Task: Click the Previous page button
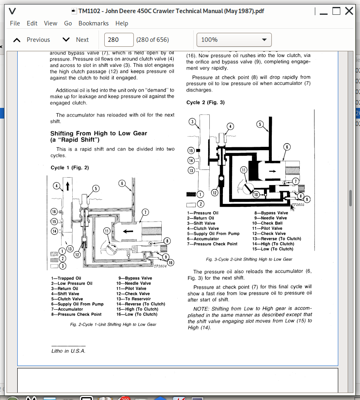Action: point(32,40)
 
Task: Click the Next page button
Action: point(76,40)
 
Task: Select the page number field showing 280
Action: point(119,40)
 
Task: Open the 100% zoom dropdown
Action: point(234,40)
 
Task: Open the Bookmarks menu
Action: point(93,23)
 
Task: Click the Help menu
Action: point(122,23)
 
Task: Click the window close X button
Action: point(349,11)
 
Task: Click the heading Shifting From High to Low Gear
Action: point(99,133)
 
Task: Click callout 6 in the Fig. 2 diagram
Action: point(122,183)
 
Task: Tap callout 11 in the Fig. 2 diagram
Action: point(107,231)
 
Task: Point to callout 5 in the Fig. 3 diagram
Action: point(259,124)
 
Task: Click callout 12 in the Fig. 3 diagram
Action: point(214,192)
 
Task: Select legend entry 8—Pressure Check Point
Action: point(76,314)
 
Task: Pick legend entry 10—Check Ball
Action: point(267,223)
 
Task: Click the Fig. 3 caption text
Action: point(249,259)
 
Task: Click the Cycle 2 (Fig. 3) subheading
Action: point(205,103)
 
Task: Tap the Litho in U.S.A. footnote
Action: point(68,351)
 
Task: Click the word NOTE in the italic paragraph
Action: point(201,308)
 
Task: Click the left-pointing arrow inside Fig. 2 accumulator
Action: point(128,231)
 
